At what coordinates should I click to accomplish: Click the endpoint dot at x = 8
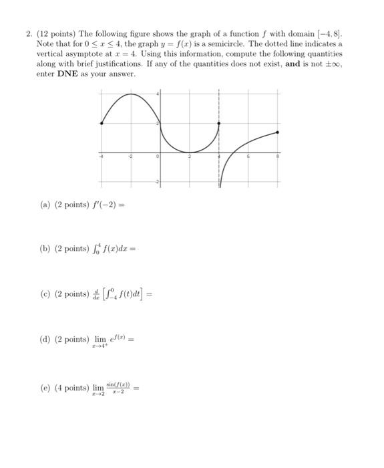tap(278, 132)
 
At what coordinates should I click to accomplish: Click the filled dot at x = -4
tap(102, 123)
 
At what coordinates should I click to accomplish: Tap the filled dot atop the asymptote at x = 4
tap(219, 123)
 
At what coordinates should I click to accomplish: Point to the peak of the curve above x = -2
tap(131, 94)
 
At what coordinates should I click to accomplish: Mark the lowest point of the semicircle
tap(190, 152)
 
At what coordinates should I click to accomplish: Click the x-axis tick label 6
tap(248, 156)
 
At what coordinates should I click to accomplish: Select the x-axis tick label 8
tap(278, 156)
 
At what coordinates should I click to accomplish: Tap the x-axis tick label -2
tap(130, 156)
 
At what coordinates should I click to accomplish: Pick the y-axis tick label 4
tap(158, 94)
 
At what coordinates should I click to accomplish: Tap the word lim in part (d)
tap(100, 338)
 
